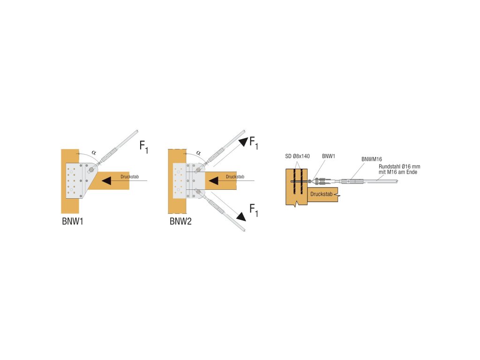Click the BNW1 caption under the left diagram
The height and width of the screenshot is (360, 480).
[73, 221]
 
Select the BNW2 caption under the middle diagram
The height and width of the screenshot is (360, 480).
[180, 221]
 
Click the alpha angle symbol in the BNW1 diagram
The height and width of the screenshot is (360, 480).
[94, 152]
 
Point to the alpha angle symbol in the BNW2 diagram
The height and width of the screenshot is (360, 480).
[198, 152]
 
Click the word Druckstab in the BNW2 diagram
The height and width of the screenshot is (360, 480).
[234, 177]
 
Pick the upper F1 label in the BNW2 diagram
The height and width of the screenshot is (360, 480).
[253, 142]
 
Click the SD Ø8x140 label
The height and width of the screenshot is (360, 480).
[297, 156]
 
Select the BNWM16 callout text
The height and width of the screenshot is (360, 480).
[371, 159]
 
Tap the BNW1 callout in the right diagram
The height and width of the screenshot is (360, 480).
[329, 156]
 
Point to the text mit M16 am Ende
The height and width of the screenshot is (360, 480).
[397, 172]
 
